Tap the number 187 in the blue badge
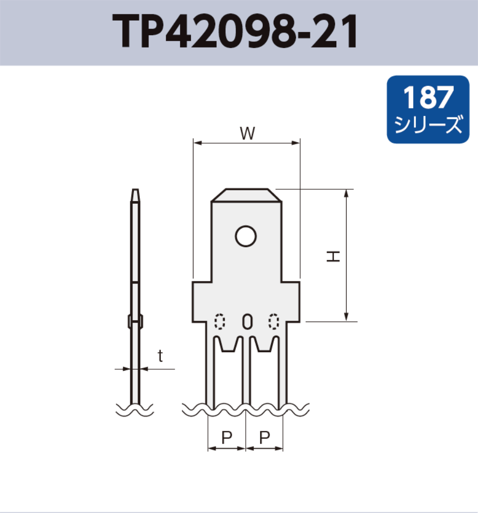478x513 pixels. pos(428,97)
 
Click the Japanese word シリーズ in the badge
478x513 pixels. pos(428,125)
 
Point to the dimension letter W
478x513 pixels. pos(247,133)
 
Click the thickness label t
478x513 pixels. pos(160,356)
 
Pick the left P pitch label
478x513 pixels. pos(226,438)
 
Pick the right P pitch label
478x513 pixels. pos(264,438)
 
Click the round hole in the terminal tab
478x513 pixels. pos(246,236)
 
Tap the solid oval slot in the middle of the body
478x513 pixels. pos(247,322)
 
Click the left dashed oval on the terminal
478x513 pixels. pos(220,322)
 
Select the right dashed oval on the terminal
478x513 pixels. pos(274,322)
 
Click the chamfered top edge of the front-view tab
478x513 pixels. pos(247,190)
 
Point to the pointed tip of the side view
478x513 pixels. pos(135,192)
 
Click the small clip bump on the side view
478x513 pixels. pos(135,321)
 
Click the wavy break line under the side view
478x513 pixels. pos(135,409)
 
